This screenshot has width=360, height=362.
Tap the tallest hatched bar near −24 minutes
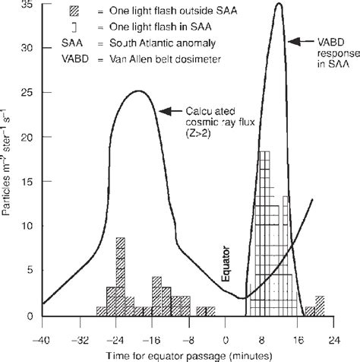[x=120, y=266]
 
